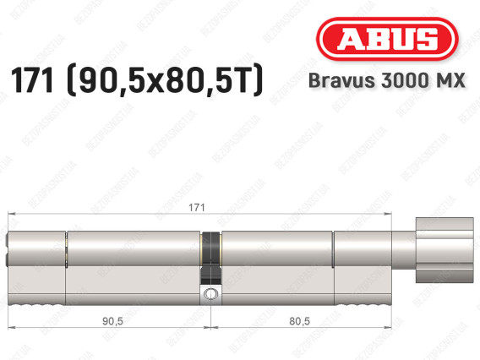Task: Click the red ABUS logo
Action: tap(387, 39)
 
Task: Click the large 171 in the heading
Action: tap(32, 80)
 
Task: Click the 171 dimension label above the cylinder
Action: tap(197, 208)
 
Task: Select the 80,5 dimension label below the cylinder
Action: tap(299, 321)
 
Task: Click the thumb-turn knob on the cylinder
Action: tap(445, 250)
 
